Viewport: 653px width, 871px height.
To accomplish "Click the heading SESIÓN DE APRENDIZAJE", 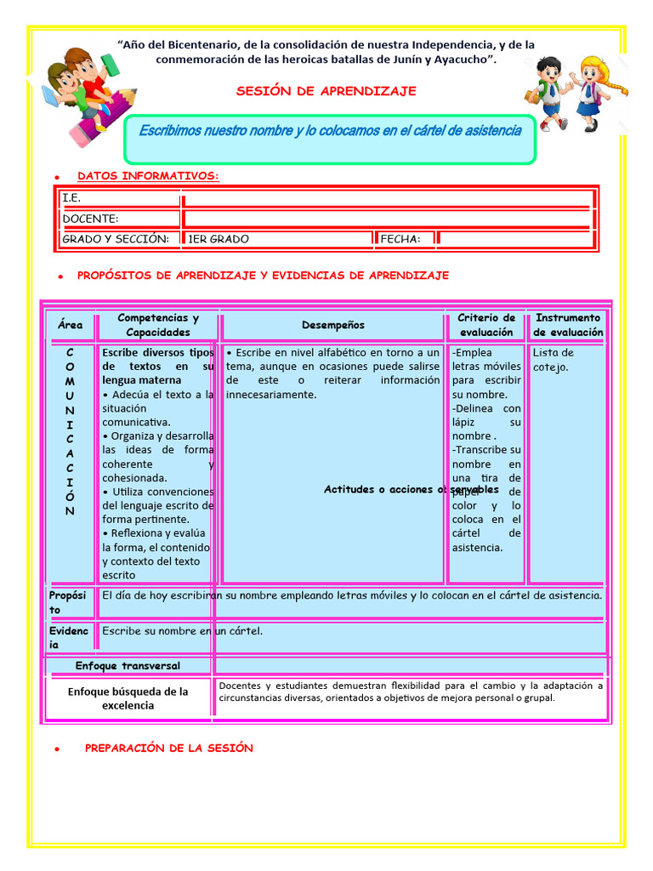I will [326, 91].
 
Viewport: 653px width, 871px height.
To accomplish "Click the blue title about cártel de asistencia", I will [330, 130].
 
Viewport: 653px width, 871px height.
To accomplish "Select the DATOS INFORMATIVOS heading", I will [148, 176].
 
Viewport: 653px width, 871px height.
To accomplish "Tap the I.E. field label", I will [71, 197].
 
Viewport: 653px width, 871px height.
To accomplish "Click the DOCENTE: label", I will [90, 219].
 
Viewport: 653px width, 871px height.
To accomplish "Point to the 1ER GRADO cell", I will [219, 239].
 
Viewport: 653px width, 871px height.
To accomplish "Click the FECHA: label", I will [400, 239].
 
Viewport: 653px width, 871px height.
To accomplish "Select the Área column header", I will [71, 325].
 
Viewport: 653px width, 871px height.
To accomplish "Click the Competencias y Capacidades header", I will [158, 325].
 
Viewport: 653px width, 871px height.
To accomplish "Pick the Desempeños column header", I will [332, 325].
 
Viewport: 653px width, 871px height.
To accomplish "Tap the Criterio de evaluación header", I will [486, 325].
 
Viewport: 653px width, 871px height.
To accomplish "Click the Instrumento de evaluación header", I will [568, 325].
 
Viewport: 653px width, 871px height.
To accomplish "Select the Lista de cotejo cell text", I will [554, 360].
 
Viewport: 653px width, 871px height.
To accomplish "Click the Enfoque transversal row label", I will [128, 665].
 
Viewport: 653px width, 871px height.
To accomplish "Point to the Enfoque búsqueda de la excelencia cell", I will [128, 698].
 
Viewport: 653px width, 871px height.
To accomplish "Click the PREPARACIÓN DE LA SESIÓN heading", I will [169, 748].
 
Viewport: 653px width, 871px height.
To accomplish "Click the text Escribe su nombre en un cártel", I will [182, 631].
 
